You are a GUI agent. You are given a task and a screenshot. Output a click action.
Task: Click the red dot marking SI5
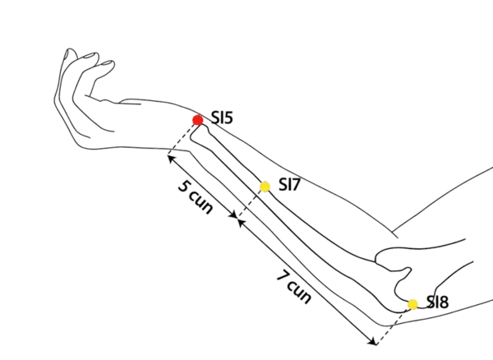pos(197,120)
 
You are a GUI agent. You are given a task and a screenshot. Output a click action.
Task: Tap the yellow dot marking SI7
pos(265,187)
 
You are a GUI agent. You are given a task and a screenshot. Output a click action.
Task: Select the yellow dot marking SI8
pos(412,303)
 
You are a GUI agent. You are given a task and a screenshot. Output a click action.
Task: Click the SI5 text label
pos(222,118)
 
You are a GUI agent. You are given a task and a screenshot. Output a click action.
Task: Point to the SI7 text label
pos(288,185)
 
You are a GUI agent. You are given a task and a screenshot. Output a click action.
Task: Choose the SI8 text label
pos(436,303)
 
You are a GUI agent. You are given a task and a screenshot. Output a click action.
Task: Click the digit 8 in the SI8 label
pos(444,303)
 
